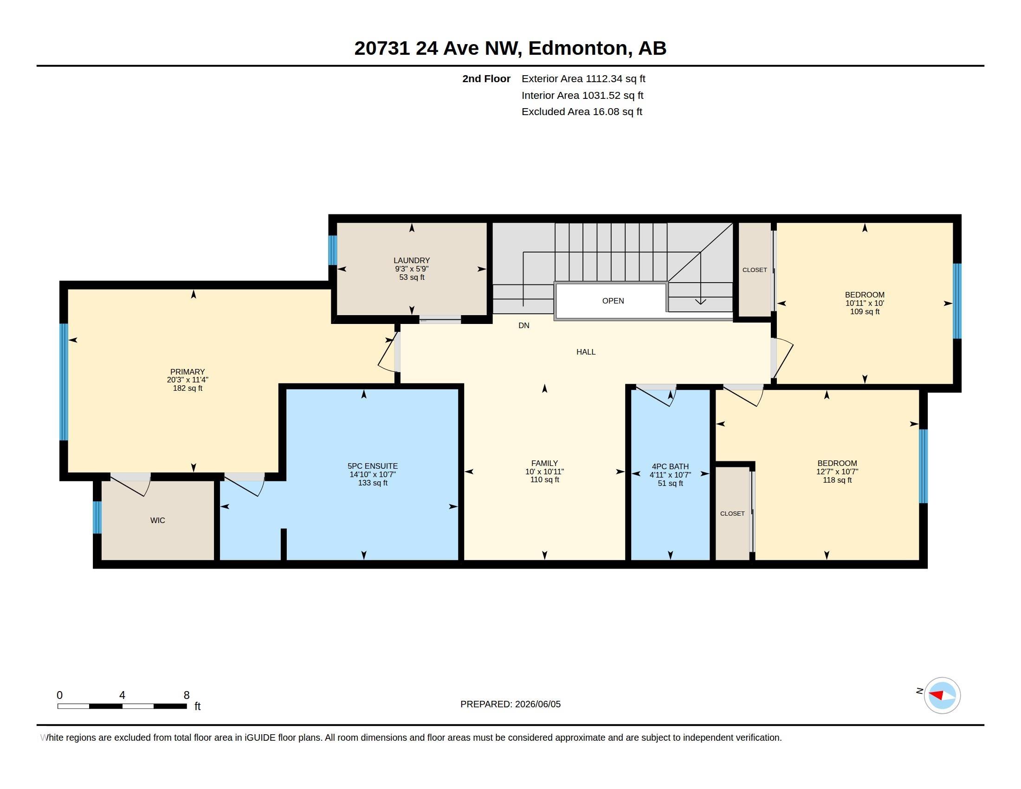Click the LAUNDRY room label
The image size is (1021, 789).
(411, 260)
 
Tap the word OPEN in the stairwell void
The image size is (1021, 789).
(613, 301)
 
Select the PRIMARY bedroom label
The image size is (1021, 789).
(187, 372)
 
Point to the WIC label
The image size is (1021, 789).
(157, 520)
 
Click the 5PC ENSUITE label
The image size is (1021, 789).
(373, 466)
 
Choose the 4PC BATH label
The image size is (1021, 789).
(671, 466)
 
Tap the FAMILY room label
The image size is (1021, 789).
(545, 463)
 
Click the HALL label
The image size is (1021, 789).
(586, 352)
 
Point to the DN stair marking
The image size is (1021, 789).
(523, 325)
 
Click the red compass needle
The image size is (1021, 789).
(937, 695)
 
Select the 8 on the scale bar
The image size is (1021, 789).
(187, 695)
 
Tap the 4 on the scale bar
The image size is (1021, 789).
(122, 695)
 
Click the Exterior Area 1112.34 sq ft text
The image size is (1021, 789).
(583, 78)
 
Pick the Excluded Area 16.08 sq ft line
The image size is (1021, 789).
(582, 111)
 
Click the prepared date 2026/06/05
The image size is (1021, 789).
(537, 704)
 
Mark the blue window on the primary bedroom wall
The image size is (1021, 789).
(64, 382)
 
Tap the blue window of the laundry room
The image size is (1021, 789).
(332, 250)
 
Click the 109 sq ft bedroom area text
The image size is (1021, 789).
(865, 312)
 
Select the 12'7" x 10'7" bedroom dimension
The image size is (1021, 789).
(837, 472)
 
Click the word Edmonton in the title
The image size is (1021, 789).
(578, 48)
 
